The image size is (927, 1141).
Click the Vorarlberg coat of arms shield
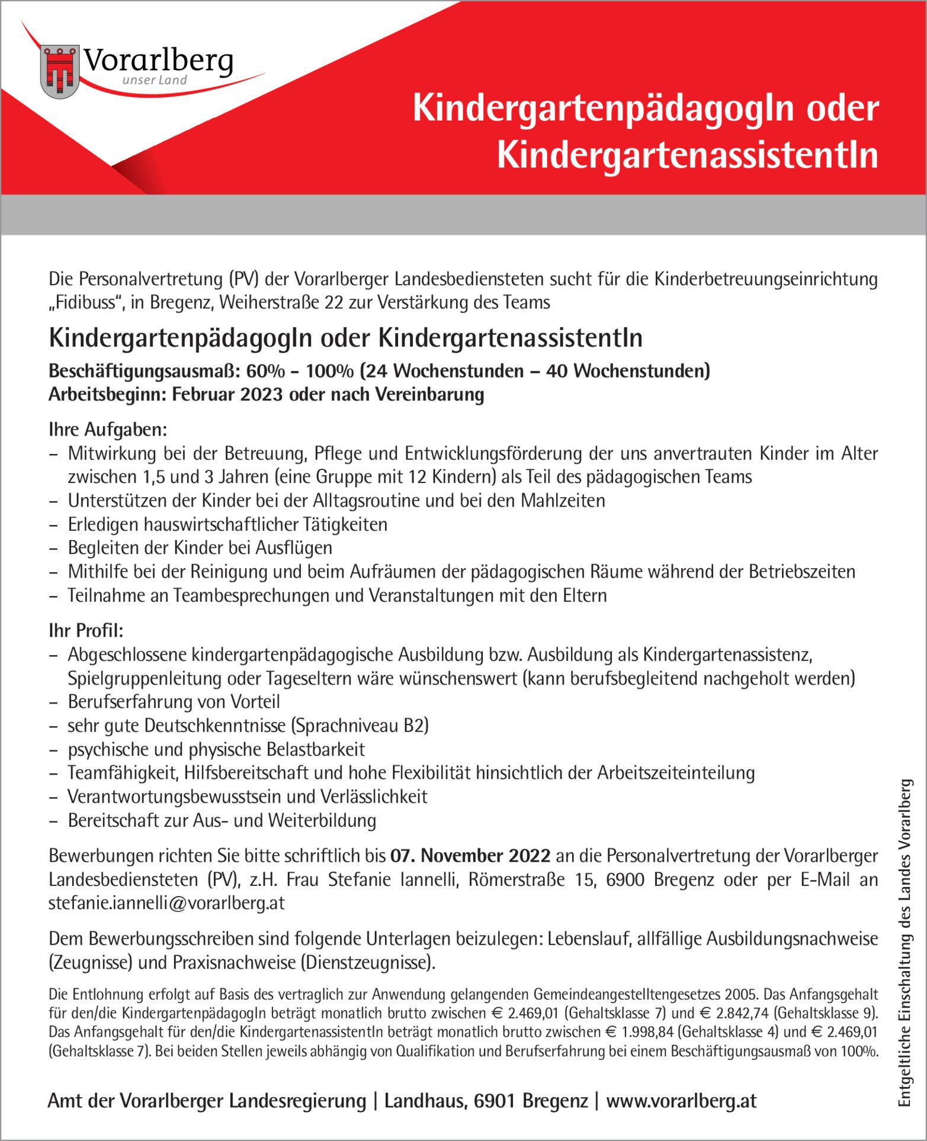click(60, 72)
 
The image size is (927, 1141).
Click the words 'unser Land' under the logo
click(155, 80)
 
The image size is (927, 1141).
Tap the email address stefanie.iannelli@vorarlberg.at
click(166, 903)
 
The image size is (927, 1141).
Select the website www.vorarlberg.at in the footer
click(681, 1101)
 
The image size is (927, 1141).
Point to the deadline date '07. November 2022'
click(470, 856)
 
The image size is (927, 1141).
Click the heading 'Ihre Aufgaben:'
click(108, 430)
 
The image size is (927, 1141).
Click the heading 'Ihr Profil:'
click(86, 631)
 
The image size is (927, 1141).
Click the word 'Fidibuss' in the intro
click(85, 302)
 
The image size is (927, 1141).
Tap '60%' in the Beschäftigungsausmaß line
click(265, 371)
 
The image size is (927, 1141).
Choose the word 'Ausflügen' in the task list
click(294, 548)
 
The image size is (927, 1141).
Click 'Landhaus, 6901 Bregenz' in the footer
click(486, 1101)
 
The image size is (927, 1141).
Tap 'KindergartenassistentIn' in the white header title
click(687, 154)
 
